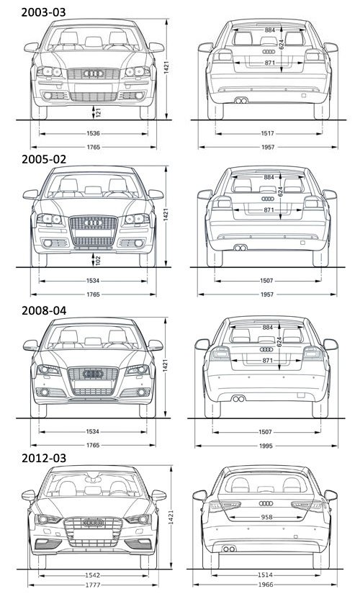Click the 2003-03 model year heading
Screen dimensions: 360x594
coord(44,12)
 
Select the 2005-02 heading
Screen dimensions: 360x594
coord(44,159)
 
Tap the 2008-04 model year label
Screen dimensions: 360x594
coord(44,310)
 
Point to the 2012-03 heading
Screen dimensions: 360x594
coord(44,459)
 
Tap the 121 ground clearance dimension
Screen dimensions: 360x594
coord(98,112)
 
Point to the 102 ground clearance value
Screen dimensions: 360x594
coord(98,260)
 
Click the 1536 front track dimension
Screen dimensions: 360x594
coord(93,133)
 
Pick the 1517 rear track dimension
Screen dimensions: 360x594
coord(268,133)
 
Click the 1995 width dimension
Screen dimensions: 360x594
coord(266,446)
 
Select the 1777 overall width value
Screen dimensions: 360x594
coord(93,585)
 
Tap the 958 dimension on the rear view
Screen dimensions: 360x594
coord(267,517)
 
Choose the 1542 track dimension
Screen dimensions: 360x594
coord(93,575)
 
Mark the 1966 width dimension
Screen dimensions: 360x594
coord(266,585)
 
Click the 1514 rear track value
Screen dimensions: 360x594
coord(266,575)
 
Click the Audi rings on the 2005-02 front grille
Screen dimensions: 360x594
coord(93,222)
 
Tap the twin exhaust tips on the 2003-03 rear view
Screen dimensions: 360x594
coord(241,100)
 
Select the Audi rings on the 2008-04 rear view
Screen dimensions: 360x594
coord(266,349)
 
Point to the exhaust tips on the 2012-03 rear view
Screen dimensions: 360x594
coord(229,549)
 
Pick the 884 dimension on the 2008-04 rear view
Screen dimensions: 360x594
coord(268,328)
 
